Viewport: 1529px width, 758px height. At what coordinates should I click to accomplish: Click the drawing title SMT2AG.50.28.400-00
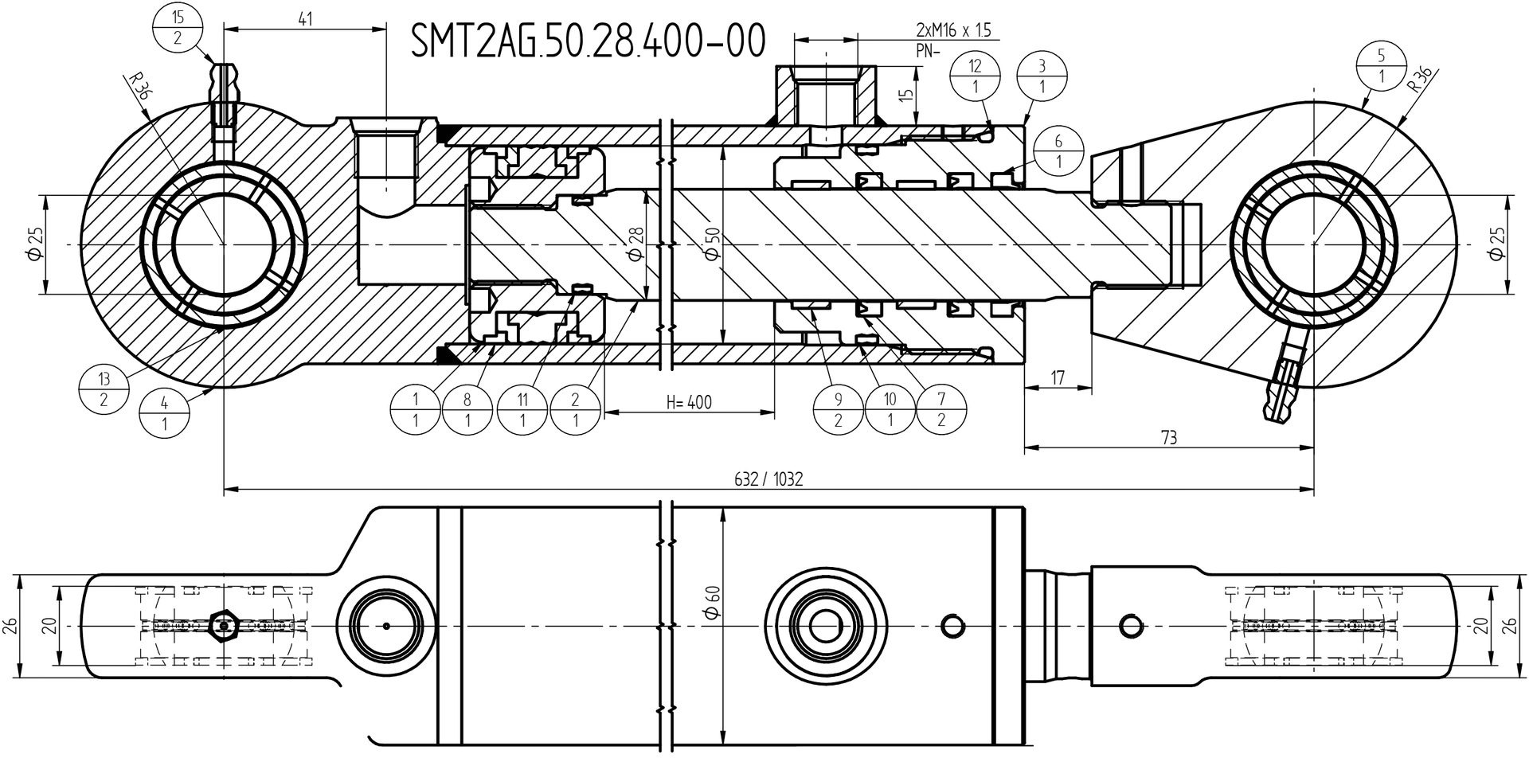tap(588, 41)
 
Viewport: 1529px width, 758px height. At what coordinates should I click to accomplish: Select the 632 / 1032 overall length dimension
tap(768, 479)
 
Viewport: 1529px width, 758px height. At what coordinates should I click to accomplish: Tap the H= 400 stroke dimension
tap(689, 403)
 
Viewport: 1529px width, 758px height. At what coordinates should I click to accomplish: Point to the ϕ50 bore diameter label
tap(712, 243)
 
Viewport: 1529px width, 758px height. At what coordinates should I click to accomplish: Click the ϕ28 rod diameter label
tap(635, 244)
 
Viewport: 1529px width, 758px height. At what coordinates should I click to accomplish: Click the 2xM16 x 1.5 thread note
tap(953, 31)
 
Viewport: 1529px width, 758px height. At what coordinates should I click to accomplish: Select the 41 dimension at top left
tap(304, 19)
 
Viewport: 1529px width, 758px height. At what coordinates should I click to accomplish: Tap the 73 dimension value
tap(1168, 437)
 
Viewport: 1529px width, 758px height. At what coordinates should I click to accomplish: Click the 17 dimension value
tap(1058, 377)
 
